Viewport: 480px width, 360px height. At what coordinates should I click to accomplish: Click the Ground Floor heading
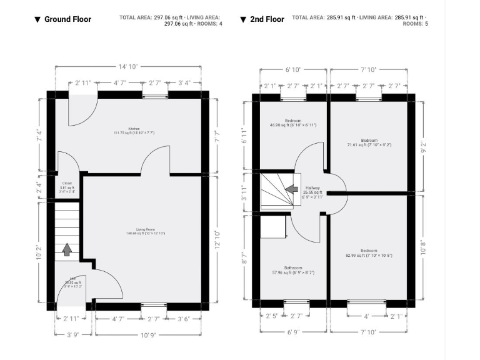(x=67, y=19)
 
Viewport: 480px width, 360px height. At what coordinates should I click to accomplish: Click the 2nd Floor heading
(x=267, y=19)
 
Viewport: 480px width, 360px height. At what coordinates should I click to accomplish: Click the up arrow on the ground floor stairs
(x=67, y=250)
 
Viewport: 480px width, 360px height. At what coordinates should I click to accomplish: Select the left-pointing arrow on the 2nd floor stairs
(x=291, y=188)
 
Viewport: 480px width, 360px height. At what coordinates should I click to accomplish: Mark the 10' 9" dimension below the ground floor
(x=148, y=335)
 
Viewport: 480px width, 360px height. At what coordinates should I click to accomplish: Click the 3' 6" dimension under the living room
(x=184, y=319)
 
